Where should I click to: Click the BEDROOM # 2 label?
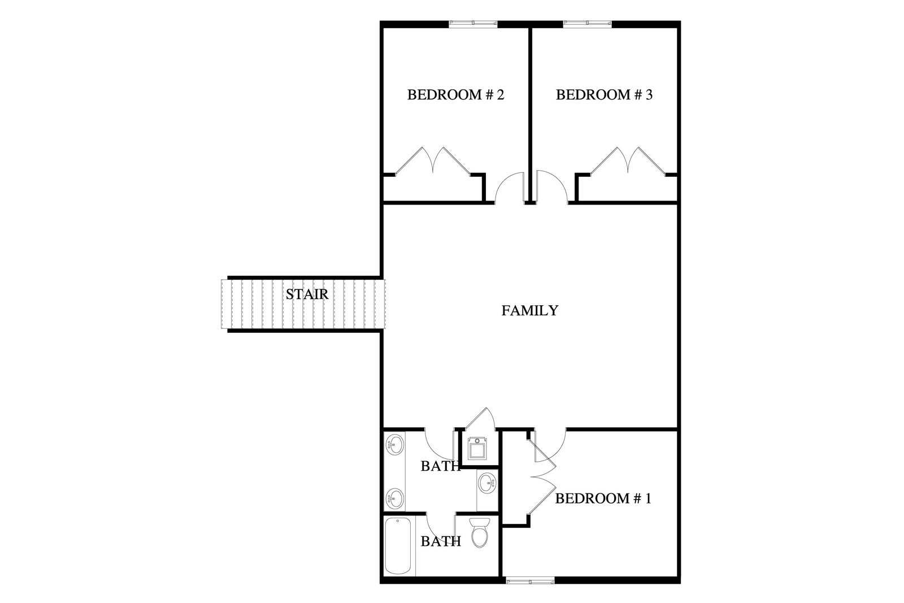455,95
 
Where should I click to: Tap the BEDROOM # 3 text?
604,95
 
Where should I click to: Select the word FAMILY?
530,310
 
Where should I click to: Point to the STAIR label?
307,294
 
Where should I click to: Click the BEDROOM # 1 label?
603,498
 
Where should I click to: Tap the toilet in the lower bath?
480,532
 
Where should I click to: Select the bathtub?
398,546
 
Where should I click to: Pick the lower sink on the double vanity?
394,499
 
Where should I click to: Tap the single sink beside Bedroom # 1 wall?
488,483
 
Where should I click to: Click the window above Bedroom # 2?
473,24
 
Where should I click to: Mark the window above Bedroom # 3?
587,24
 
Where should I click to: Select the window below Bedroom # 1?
531,580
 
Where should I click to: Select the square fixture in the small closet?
478,449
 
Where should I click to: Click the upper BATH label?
441,466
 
